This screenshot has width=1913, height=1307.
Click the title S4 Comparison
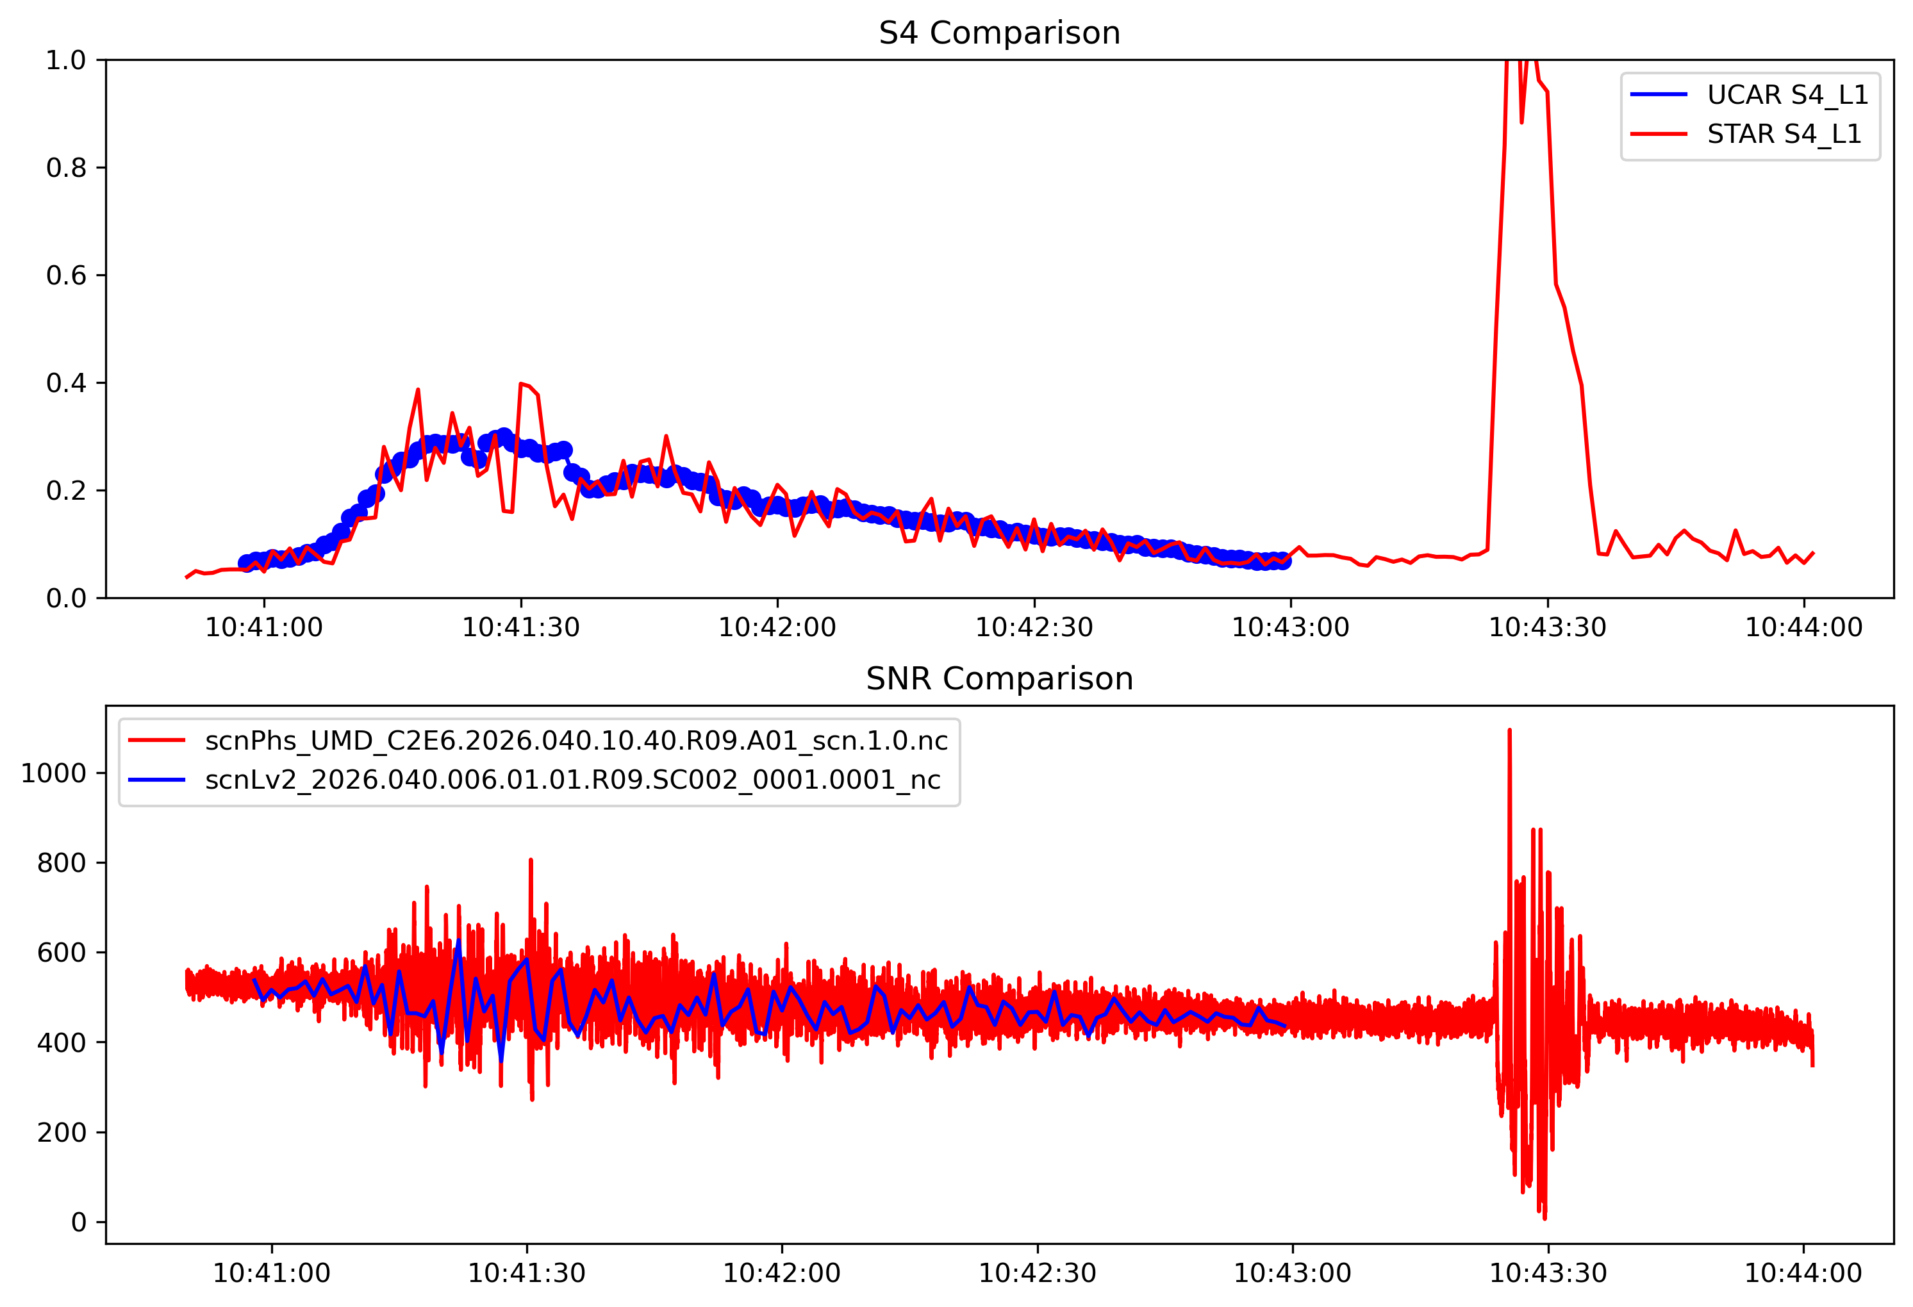tap(998, 33)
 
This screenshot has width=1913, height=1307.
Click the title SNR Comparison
tap(998, 679)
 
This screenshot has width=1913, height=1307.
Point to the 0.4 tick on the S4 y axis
tap(66, 382)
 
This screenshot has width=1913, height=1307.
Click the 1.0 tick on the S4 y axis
tap(66, 60)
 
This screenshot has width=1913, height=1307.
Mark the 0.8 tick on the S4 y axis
tap(66, 168)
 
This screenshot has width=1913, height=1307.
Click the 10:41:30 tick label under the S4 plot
tap(520, 627)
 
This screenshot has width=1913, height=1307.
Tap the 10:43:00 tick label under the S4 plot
tap(1290, 627)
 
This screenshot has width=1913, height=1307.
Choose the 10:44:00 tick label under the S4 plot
tap(1803, 627)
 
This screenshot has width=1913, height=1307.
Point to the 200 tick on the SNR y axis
tap(62, 1133)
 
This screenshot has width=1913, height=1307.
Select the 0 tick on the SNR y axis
tap(79, 1222)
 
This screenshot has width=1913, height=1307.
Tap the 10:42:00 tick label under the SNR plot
tap(781, 1273)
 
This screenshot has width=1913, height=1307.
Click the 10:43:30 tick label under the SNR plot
tap(1548, 1273)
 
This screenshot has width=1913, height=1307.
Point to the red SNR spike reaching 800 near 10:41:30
tap(531, 861)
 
